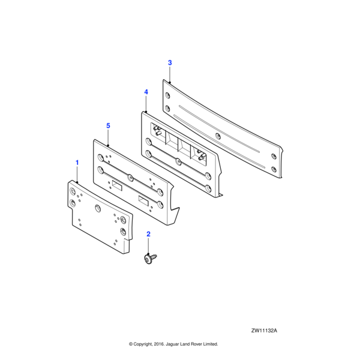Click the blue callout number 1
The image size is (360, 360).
(77, 163)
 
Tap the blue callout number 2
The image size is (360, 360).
(148, 234)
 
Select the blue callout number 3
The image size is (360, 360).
(170, 62)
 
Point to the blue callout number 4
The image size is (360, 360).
(146, 92)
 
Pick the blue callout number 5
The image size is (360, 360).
(108, 125)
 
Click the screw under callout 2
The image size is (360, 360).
(150, 259)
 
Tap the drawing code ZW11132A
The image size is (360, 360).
(264, 331)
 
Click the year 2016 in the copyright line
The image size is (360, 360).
(158, 344)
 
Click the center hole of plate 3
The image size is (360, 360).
(218, 136)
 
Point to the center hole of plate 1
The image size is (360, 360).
(98, 208)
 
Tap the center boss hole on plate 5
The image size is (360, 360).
(130, 177)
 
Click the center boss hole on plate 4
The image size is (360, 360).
(178, 162)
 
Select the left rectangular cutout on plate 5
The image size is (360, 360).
(117, 185)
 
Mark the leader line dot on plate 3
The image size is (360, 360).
(170, 82)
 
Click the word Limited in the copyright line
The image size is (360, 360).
(211, 344)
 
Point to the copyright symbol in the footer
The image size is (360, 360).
(131, 344)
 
